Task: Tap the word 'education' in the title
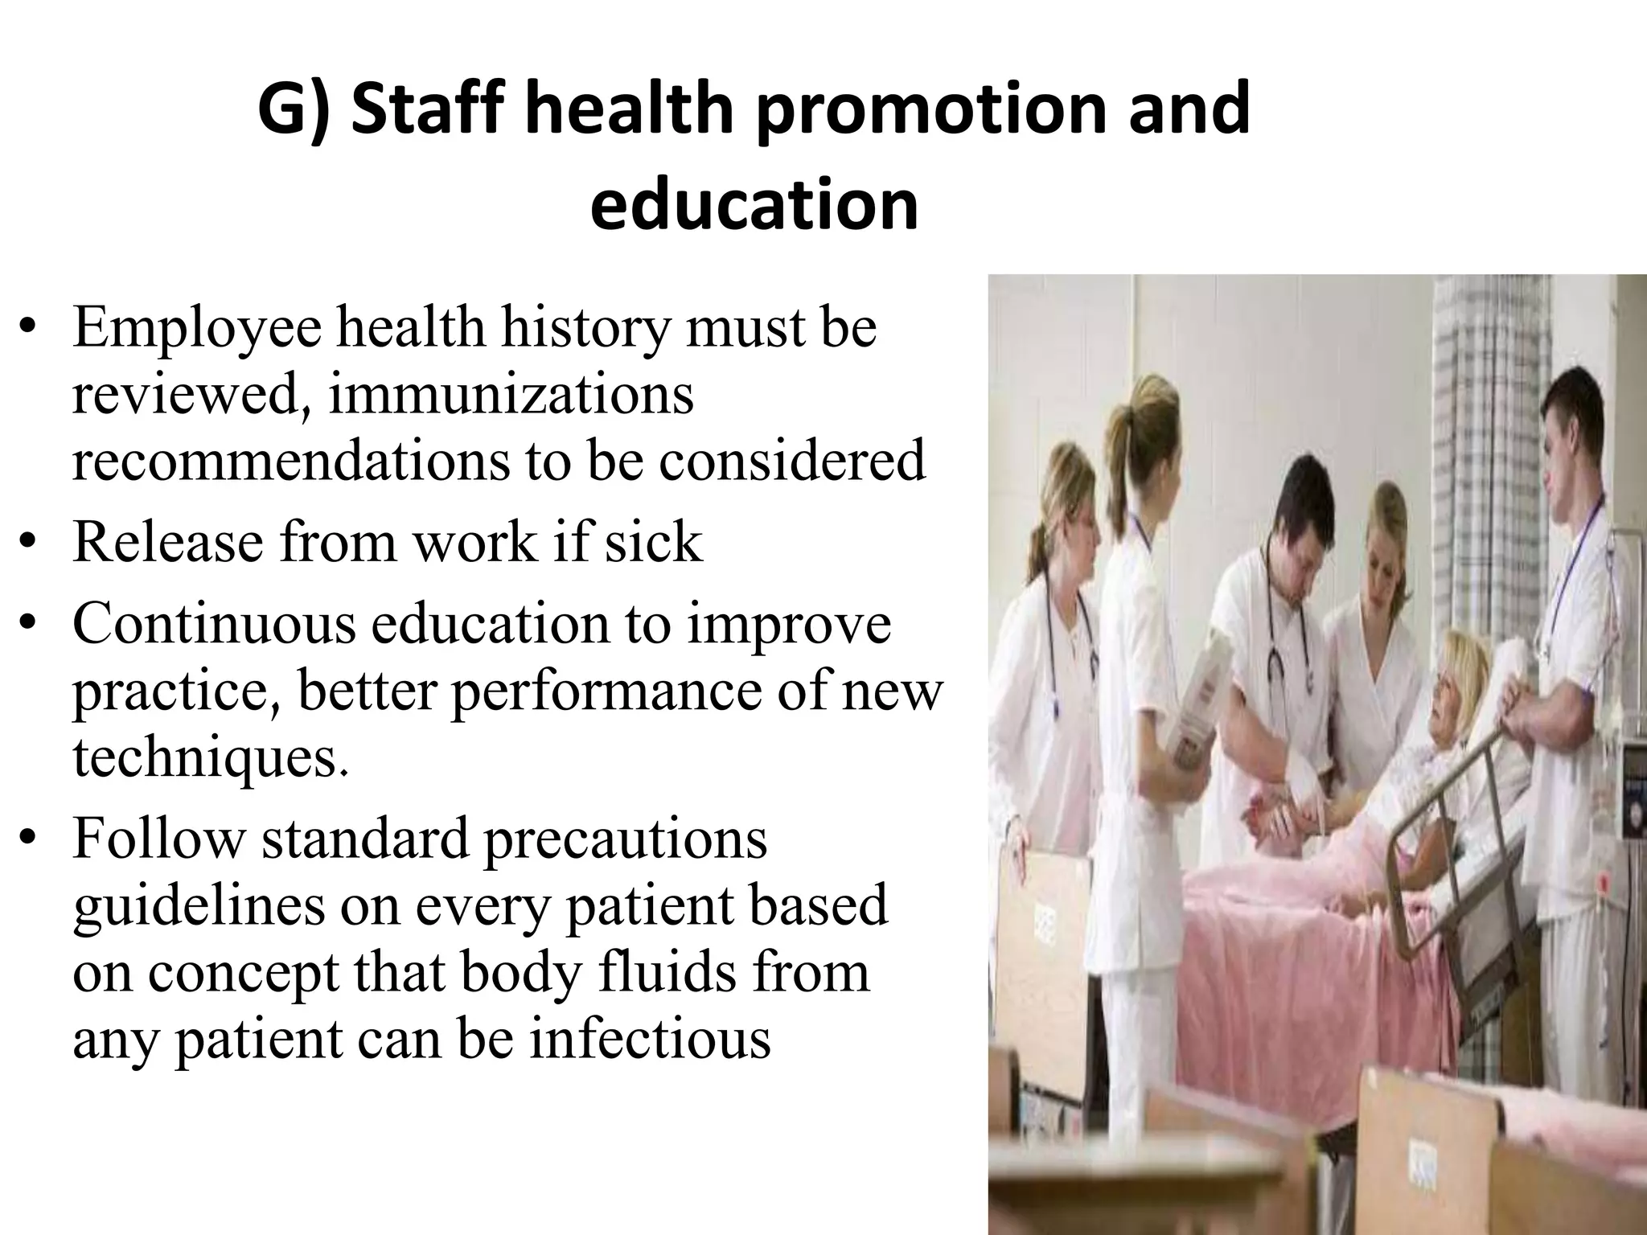pyautogui.click(x=754, y=205)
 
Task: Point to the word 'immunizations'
pyautogui.click(x=510, y=396)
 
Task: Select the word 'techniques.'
pyautogui.click(x=211, y=757)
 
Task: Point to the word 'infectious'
pyautogui.click(x=650, y=1039)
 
